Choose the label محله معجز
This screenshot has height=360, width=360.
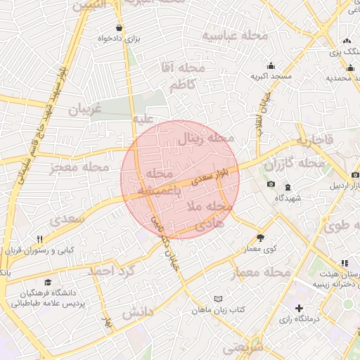[x=79, y=168]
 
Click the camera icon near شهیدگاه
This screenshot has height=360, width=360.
[x=271, y=184]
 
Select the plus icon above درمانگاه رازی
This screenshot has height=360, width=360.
[x=300, y=308]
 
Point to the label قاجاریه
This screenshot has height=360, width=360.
[x=314, y=141]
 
